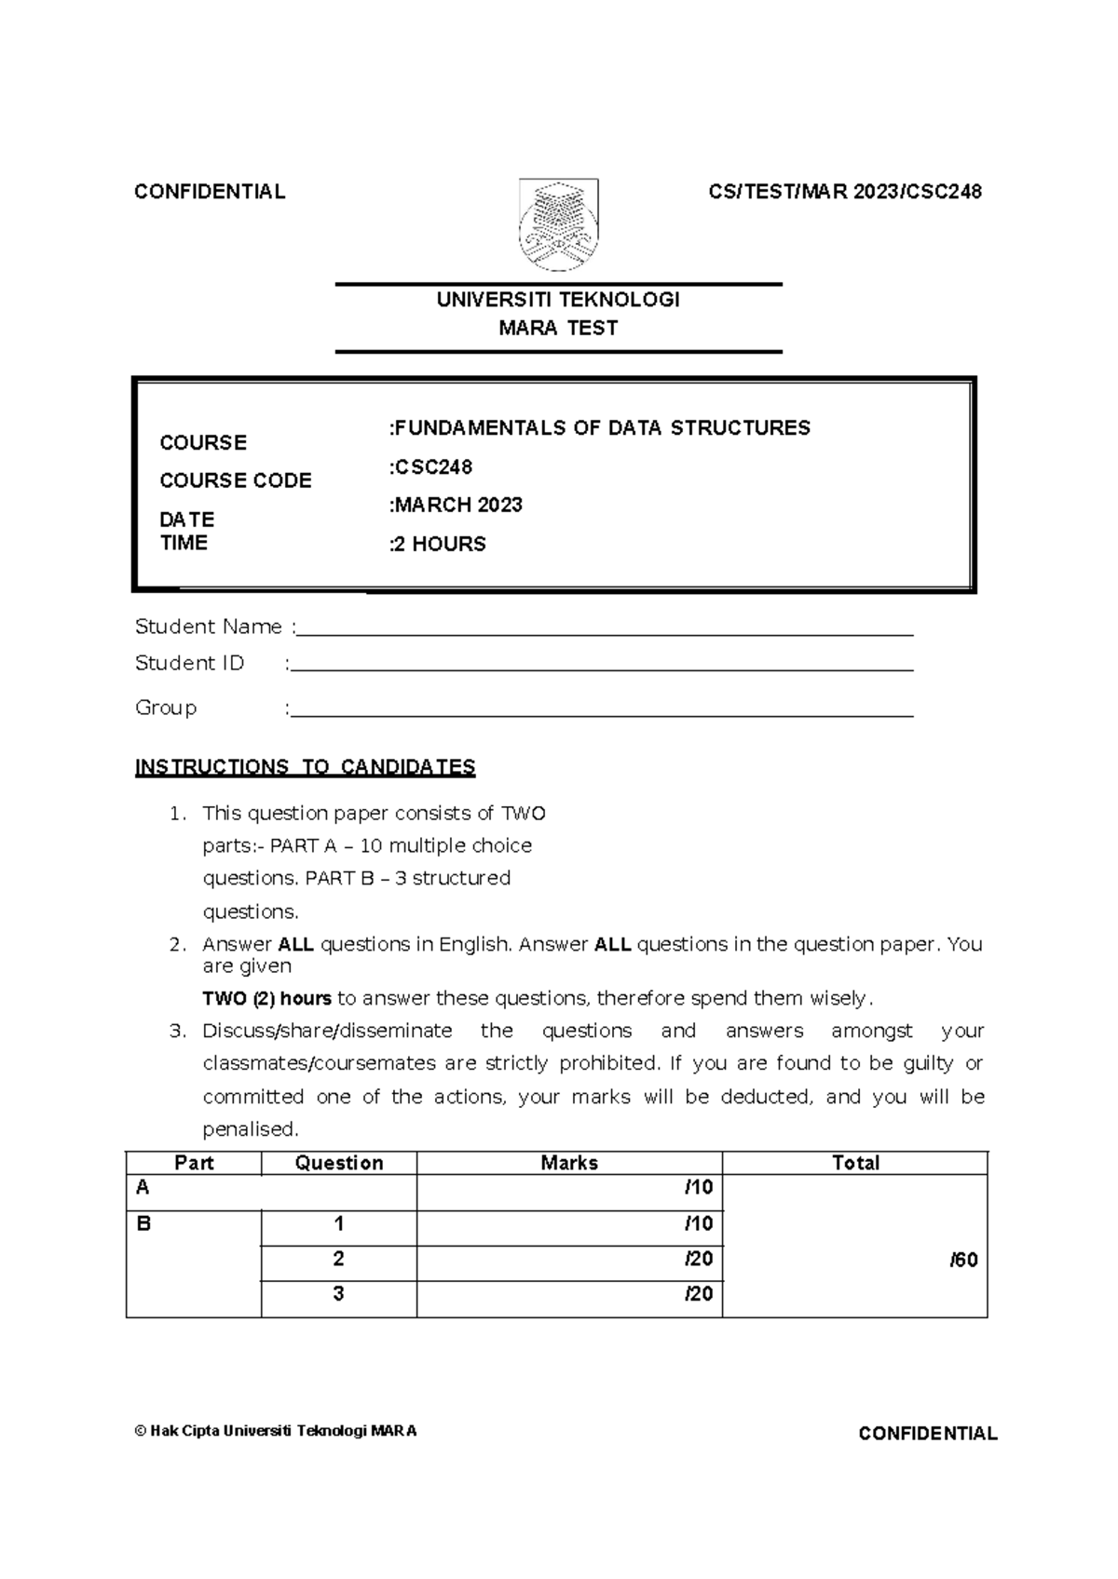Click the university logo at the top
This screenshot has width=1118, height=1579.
(558, 225)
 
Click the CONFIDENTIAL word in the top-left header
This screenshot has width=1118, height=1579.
(210, 192)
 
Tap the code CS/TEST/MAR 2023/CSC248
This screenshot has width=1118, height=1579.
(845, 192)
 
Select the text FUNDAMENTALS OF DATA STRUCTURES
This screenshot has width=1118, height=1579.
(601, 428)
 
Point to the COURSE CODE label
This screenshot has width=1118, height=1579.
(236, 480)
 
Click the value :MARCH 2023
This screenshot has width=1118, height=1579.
(457, 506)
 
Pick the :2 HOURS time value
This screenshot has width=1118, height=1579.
(438, 545)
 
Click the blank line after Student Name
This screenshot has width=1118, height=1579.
(604, 629)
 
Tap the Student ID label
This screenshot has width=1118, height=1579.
(189, 663)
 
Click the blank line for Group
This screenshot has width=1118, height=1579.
(601, 711)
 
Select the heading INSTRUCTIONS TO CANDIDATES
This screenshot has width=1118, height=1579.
(305, 767)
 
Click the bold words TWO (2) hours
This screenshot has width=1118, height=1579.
(266, 999)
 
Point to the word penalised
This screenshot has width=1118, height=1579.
(250, 1129)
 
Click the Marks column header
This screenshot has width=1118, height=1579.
(569, 1163)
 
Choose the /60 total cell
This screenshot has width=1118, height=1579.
(963, 1261)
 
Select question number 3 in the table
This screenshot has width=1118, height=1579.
(339, 1294)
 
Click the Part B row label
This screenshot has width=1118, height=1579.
(143, 1224)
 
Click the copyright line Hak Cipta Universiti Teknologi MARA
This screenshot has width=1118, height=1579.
(276, 1431)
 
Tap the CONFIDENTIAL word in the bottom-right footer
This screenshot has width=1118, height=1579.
(927, 1434)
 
